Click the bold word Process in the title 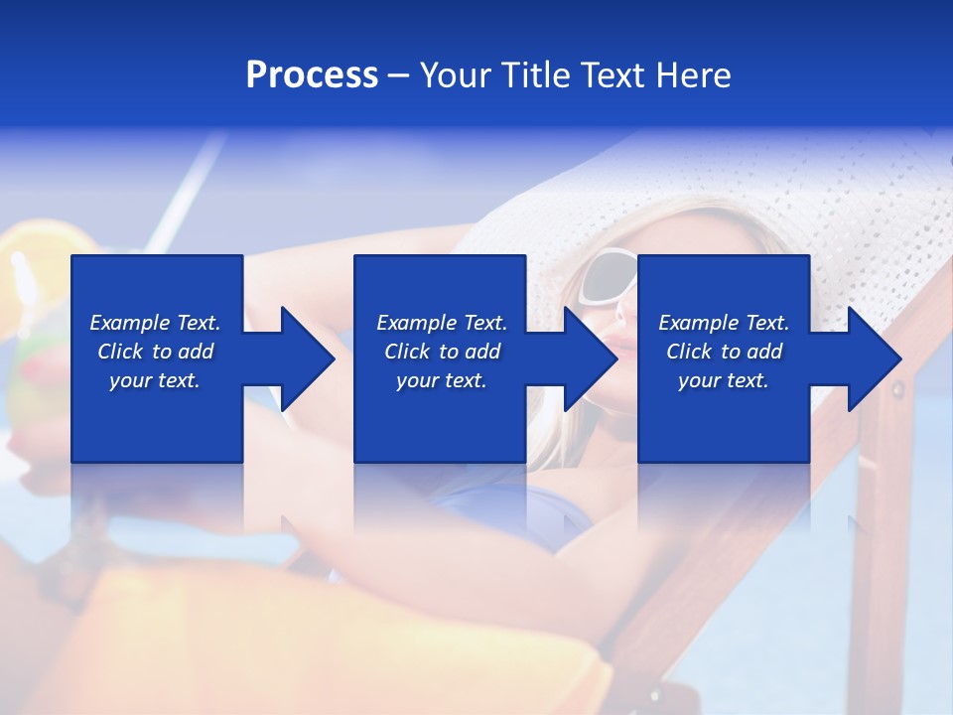point(312,75)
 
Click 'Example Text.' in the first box point(155,323)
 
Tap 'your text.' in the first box point(155,380)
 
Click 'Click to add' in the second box point(442,352)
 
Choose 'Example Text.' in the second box point(442,323)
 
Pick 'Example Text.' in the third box point(724,323)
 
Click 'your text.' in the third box point(724,380)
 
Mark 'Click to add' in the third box point(724,352)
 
